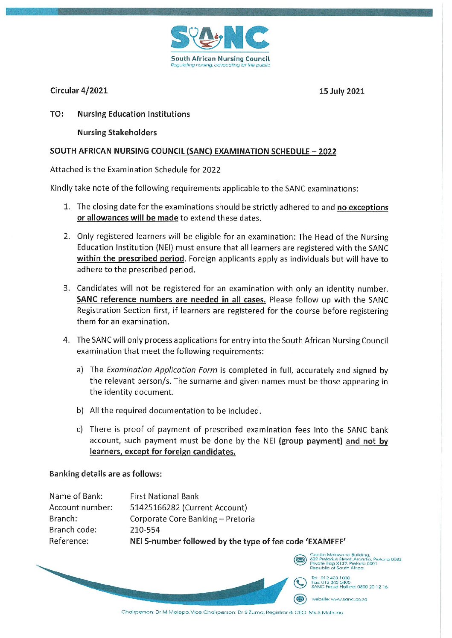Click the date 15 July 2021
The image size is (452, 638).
(x=341, y=91)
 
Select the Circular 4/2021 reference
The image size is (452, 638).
(x=79, y=90)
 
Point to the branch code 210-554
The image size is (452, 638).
(x=145, y=530)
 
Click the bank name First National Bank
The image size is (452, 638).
(x=164, y=496)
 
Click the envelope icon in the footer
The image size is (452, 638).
(x=300, y=560)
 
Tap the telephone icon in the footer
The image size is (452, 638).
(x=300, y=582)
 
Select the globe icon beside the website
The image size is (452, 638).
(x=300, y=599)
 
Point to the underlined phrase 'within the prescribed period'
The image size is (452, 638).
(x=130, y=258)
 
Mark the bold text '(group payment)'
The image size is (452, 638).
(x=310, y=441)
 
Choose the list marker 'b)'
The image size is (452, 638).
(x=80, y=411)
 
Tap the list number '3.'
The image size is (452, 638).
(x=67, y=288)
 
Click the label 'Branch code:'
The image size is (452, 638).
(x=73, y=530)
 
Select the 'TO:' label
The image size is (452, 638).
(x=57, y=114)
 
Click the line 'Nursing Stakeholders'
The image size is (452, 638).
(x=117, y=132)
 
